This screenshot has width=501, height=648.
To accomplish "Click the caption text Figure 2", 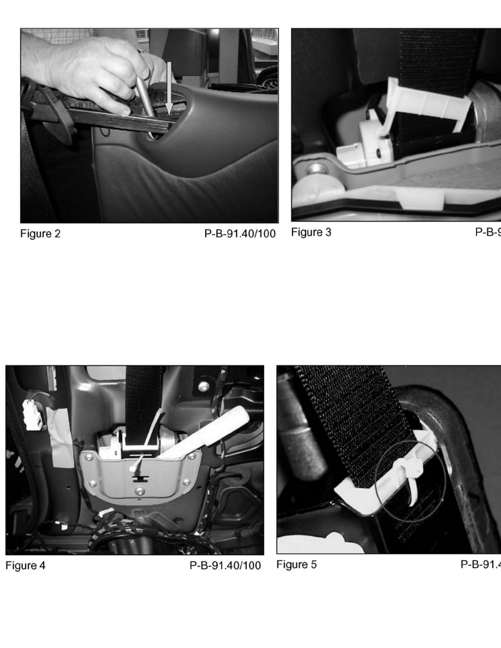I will point(40,234).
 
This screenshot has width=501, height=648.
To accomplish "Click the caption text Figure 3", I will point(311,232).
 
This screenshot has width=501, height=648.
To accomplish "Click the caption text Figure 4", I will point(26,565).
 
